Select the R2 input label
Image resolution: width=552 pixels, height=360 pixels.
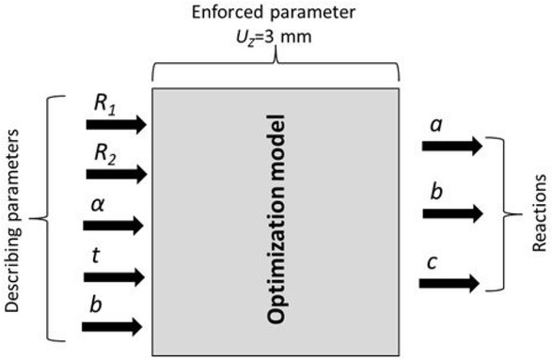coord(103,153)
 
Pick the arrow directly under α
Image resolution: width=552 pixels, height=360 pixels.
coord(113,225)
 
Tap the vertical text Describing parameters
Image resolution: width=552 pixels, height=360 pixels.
coord(13,216)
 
